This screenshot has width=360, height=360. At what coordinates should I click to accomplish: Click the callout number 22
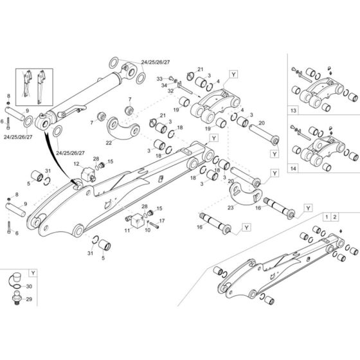click(x=109, y=142)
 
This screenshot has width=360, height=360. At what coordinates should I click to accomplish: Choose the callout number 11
click(x=128, y=229)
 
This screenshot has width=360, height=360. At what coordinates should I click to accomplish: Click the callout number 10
click(x=147, y=230)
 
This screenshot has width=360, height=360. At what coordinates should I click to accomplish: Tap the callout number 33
click(x=159, y=78)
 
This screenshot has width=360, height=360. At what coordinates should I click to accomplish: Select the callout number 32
click(x=171, y=91)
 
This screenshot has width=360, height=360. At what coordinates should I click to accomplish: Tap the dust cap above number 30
click(x=14, y=278)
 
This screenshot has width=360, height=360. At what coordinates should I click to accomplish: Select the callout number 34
click(x=164, y=85)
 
